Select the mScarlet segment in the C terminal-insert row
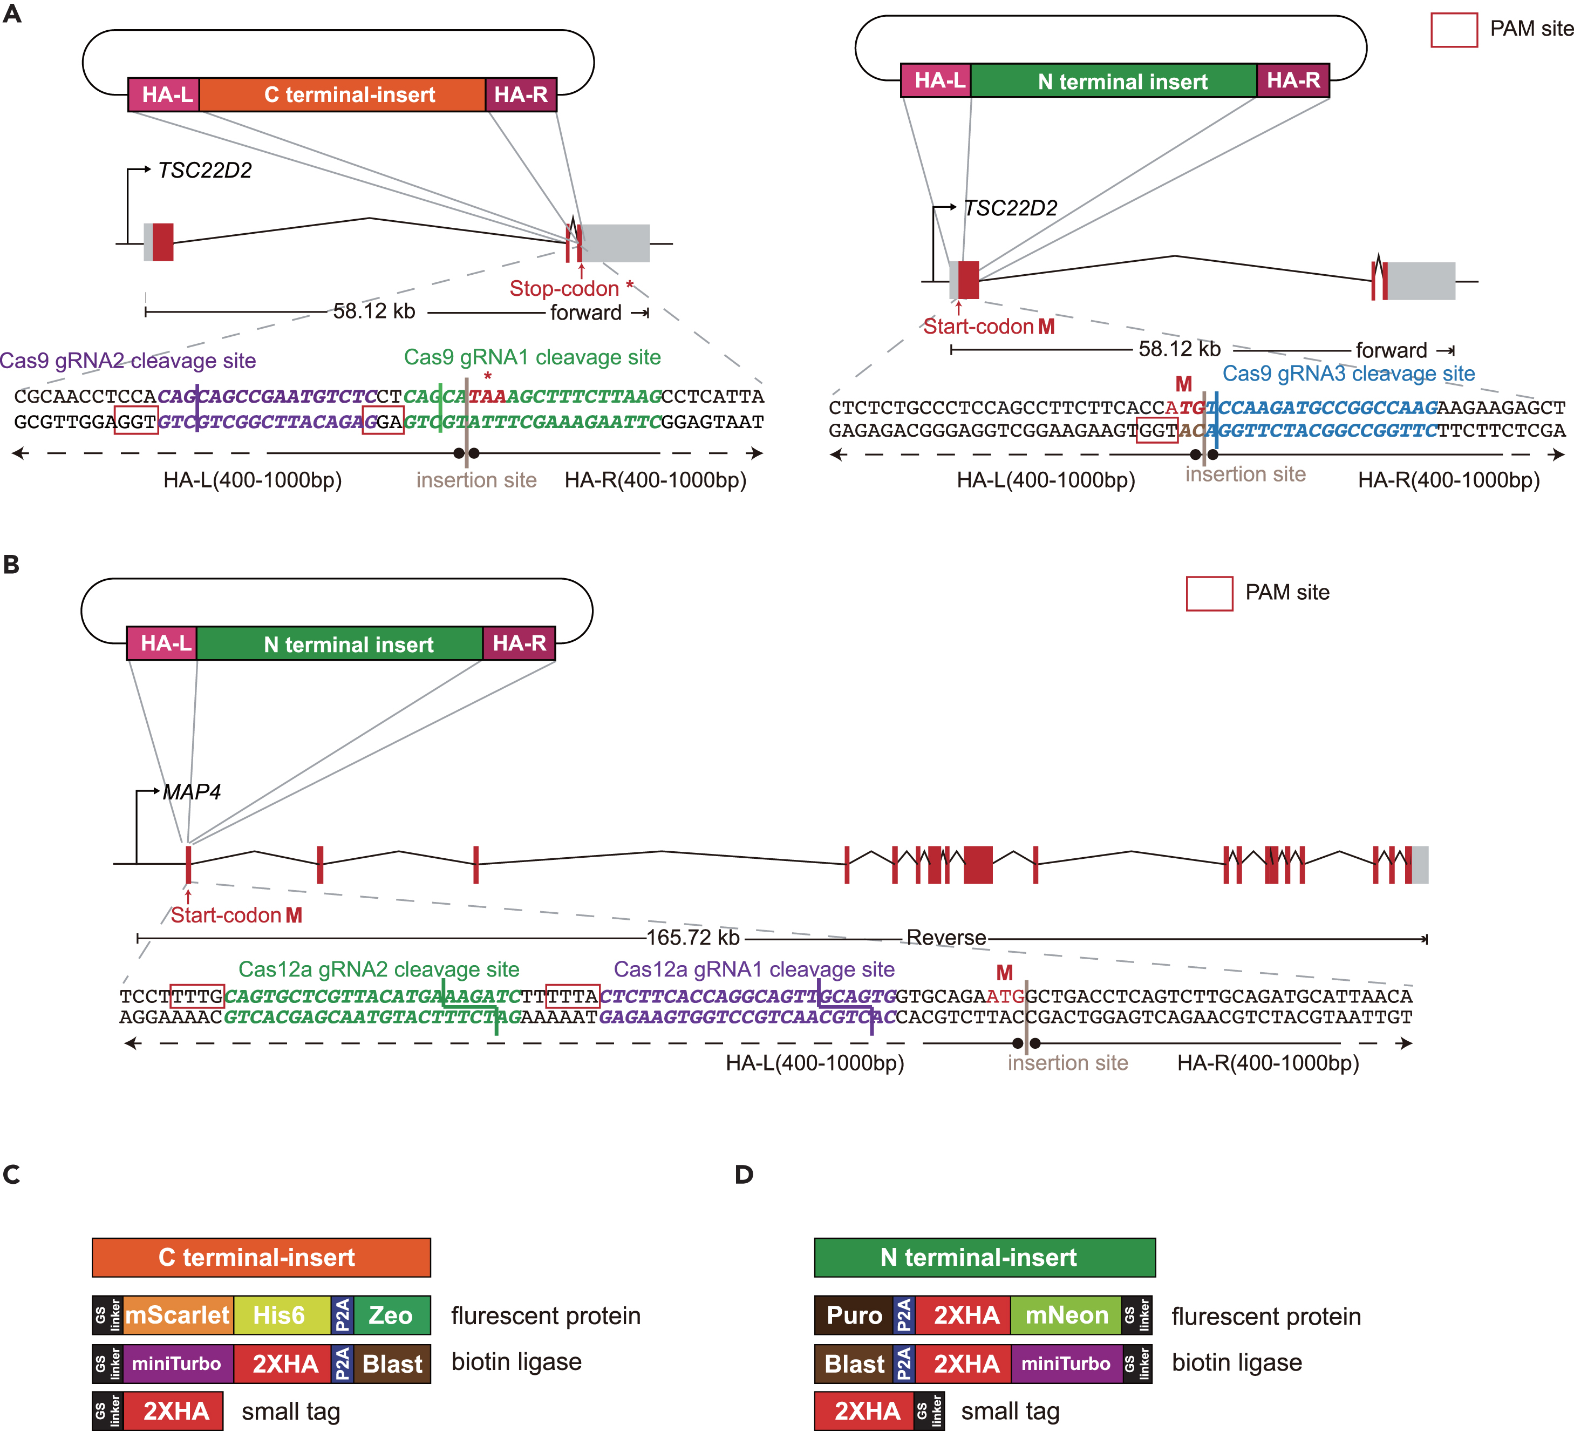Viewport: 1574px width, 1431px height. point(177,1315)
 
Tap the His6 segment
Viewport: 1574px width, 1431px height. point(280,1315)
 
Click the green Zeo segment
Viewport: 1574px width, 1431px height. point(390,1315)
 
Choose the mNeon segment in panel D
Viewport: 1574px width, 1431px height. point(1066,1315)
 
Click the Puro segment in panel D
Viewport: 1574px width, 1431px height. point(853,1315)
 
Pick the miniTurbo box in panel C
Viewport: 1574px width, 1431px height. point(176,1364)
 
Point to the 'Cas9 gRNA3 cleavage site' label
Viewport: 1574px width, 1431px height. point(1348,374)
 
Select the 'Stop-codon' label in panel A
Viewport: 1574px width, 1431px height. point(564,288)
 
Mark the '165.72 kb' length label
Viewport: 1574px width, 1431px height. point(692,937)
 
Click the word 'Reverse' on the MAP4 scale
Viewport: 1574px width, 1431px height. point(945,937)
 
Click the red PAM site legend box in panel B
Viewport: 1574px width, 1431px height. point(1209,594)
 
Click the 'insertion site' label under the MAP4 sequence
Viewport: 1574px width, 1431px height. point(1067,1063)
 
